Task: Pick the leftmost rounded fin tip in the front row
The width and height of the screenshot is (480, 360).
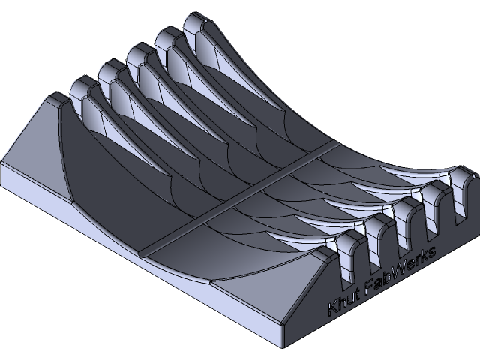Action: click(347, 241)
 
